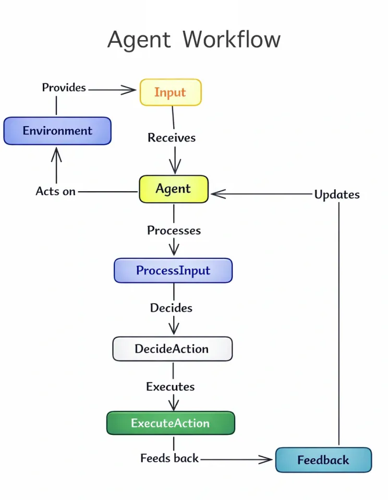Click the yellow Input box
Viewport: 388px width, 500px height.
tap(170, 92)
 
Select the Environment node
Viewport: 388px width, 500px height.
tap(57, 131)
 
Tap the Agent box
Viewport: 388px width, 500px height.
tap(173, 189)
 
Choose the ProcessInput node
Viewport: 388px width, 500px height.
tap(173, 270)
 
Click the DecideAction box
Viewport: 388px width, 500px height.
tap(172, 349)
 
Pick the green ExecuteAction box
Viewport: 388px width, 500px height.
tap(171, 423)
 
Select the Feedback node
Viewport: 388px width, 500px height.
tap(323, 460)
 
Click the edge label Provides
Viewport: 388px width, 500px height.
tap(64, 87)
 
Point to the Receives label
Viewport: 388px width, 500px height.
tap(172, 137)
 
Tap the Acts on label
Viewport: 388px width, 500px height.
tap(55, 191)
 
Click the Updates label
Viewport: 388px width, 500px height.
tap(337, 194)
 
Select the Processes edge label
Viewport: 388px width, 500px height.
tap(174, 230)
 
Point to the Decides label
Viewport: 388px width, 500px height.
tap(171, 308)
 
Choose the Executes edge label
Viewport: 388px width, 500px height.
tap(171, 386)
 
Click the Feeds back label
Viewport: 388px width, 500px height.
tap(169, 458)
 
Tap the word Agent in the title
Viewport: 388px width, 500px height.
tap(139, 40)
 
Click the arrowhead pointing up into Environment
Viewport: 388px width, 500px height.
tap(56, 153)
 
